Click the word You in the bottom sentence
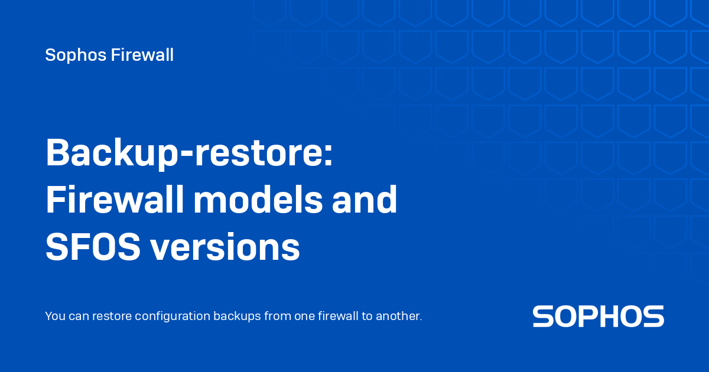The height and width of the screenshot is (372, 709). coord(54,316)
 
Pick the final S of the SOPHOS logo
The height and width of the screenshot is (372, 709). coord(653,316)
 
